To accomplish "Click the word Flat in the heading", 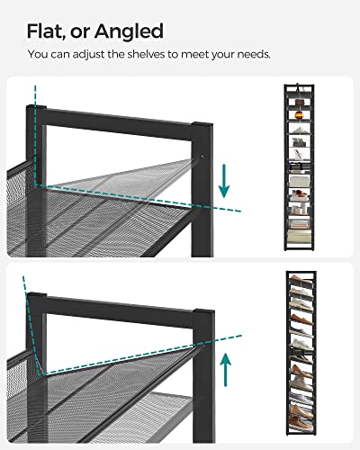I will [49, 31].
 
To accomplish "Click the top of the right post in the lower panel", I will [201, 314].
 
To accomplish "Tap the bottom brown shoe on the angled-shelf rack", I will [300, 424].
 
